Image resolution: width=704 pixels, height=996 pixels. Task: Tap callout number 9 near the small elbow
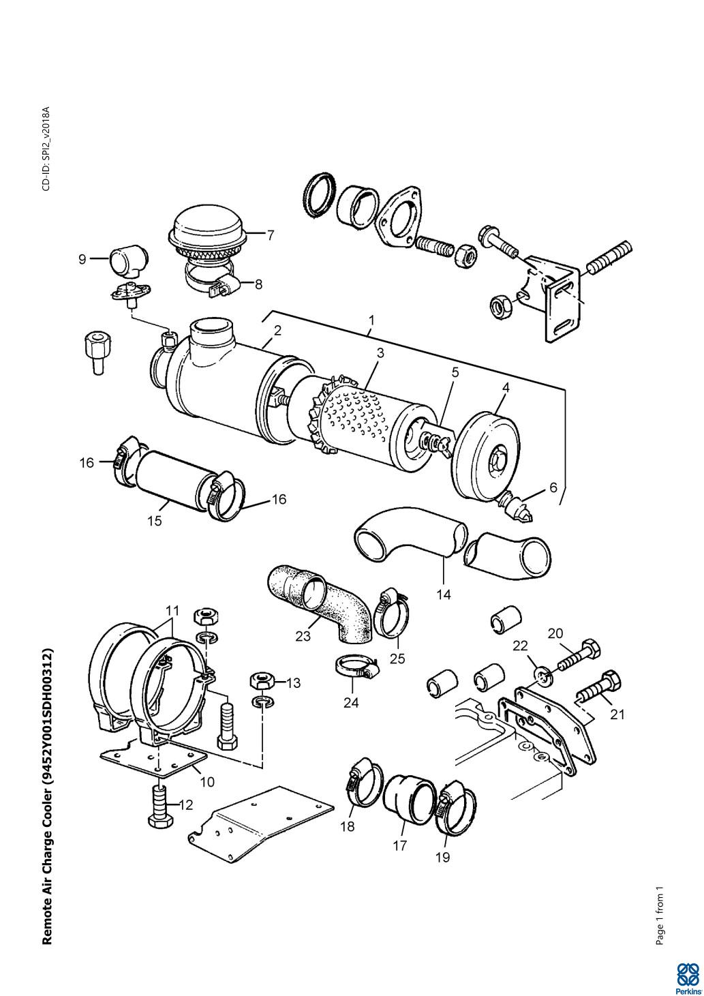click(82, 259)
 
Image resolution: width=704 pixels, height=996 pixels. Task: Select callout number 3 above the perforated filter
click(380, 353)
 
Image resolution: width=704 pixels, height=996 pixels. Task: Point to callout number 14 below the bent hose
click(444, 594)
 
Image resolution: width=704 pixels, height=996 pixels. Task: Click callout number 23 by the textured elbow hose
click(303, 636)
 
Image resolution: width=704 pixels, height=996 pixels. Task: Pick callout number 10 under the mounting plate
click(207, 781)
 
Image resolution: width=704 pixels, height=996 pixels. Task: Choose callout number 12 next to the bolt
click(186, 804)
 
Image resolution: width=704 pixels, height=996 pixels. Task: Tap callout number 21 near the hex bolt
click(617, 714)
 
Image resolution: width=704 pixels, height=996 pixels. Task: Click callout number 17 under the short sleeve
click(400, 845)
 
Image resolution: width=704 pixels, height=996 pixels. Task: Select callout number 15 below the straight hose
click(155, 521)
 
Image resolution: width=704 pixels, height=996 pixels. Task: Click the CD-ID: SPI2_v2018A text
click(46, 149)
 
